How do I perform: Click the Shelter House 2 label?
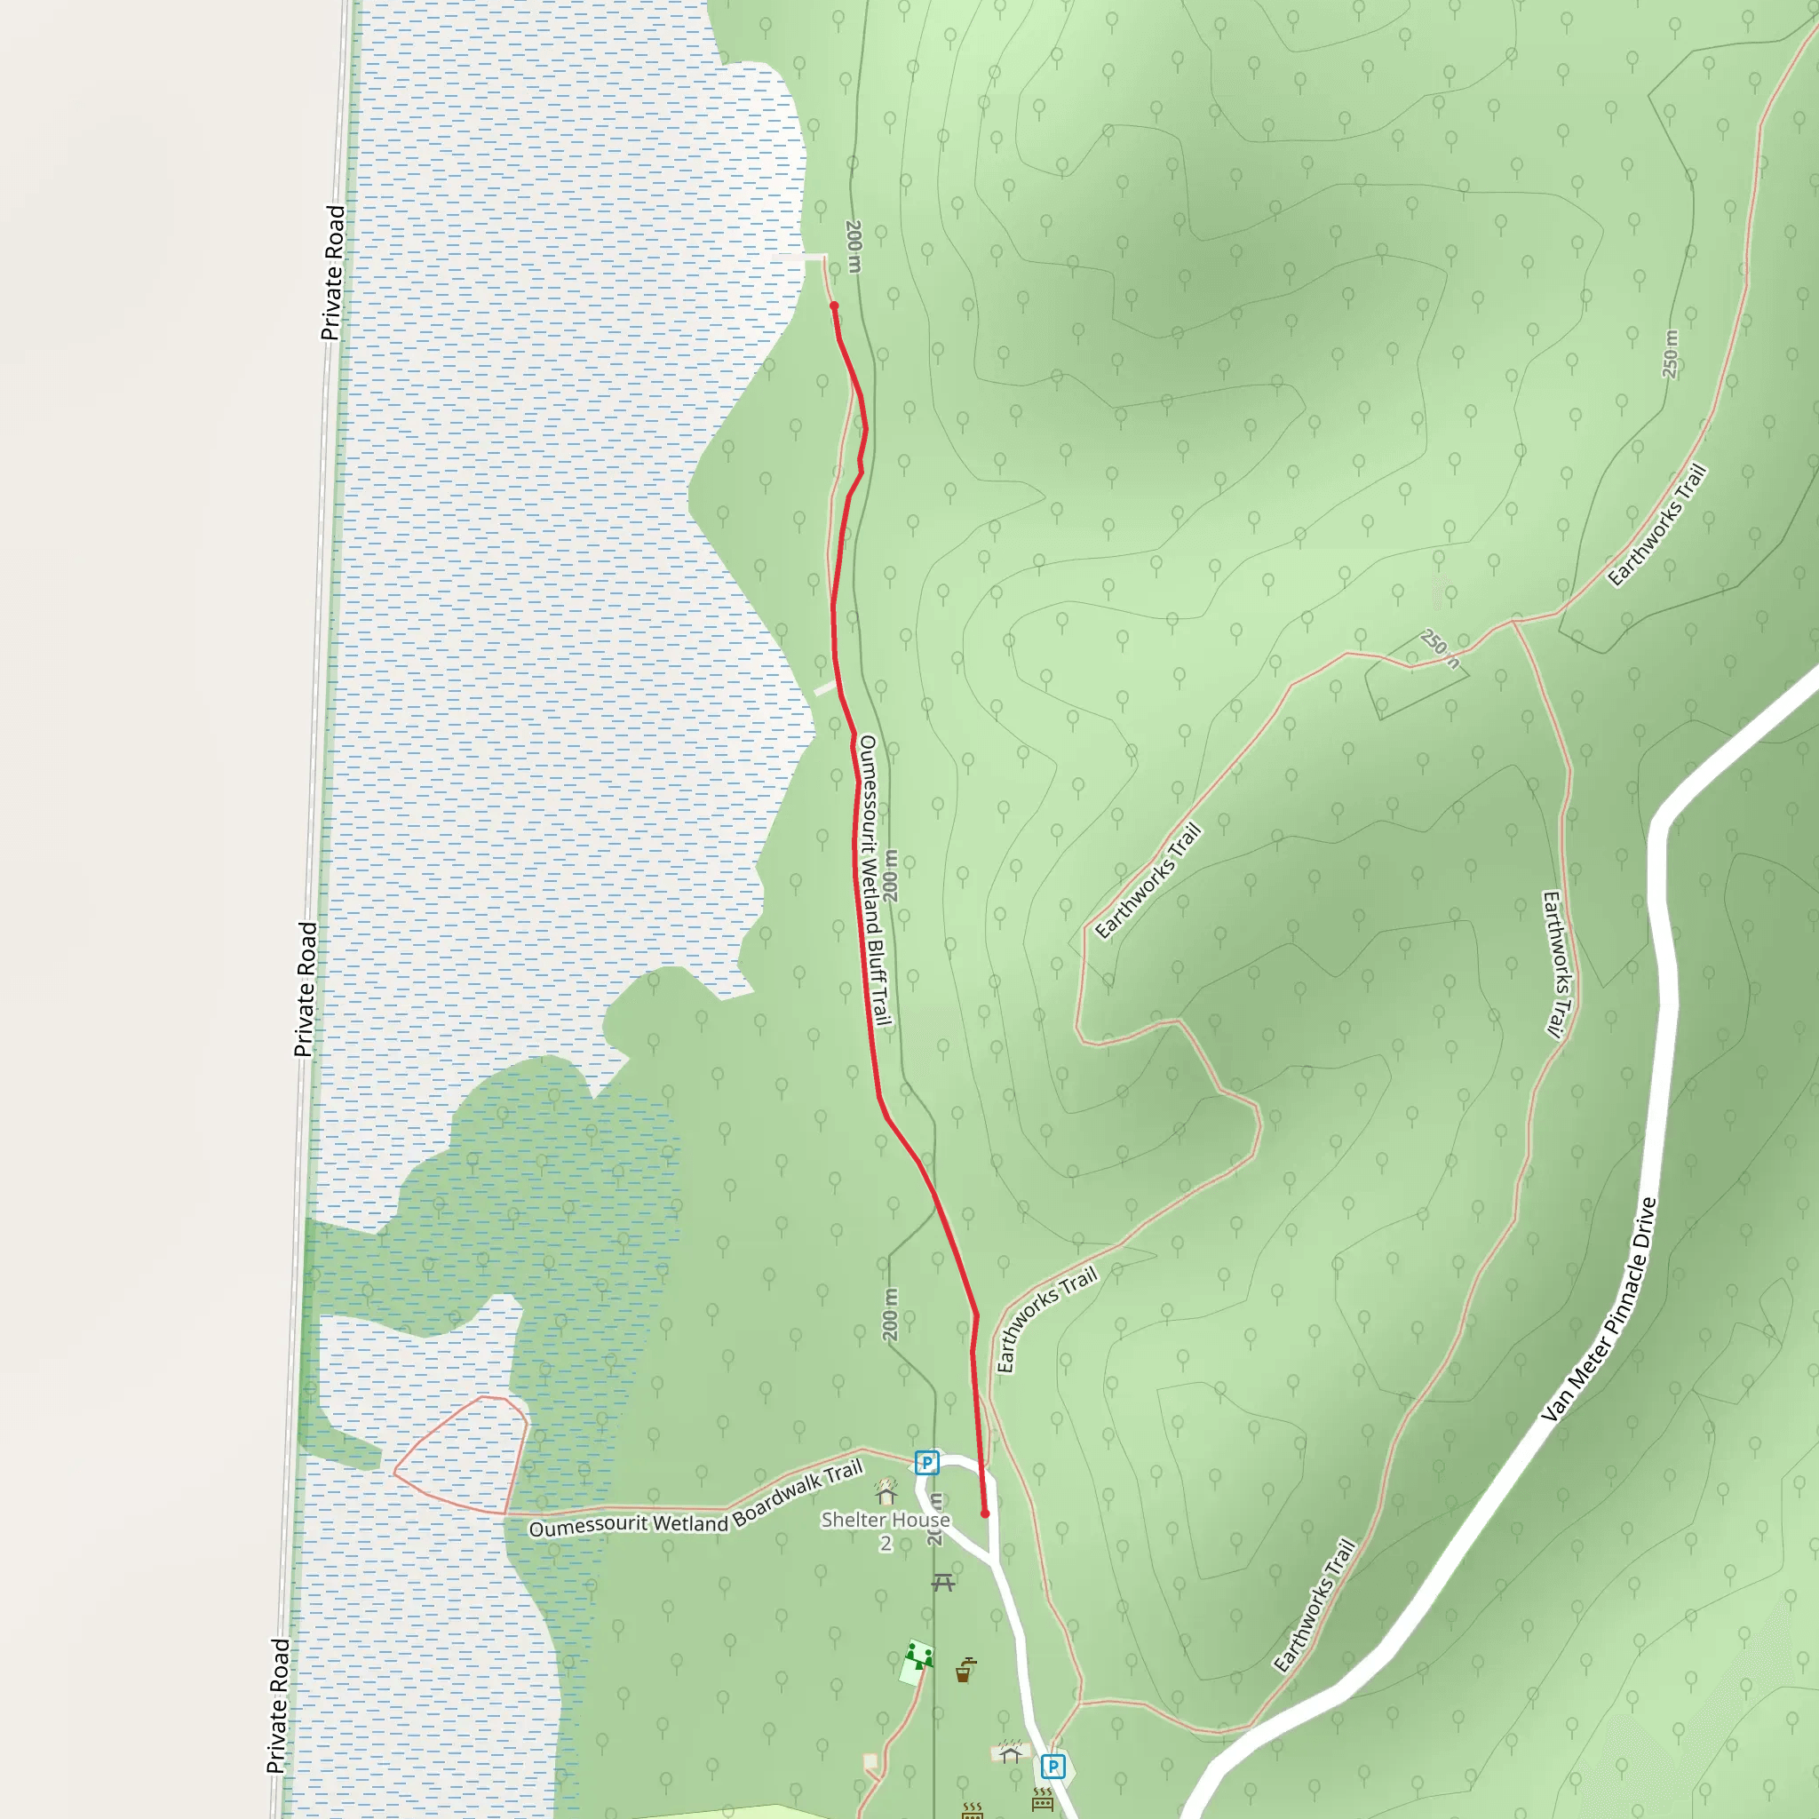(x=885, y=1530)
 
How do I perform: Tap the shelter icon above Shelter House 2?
(x=886, y=1492)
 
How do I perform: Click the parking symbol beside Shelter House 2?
(x=926, y=1462)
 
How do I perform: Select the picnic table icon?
(x=943, y=1582)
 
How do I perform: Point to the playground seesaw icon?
(x=918, y=1654)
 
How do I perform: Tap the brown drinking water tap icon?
(x=965, y=1671)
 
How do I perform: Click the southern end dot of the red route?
(x=985, y=1514)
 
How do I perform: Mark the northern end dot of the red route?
(x=834, y=306)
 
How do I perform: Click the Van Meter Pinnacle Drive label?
(x=1599, y=1310)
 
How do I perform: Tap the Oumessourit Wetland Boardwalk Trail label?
(x=695, y=1500)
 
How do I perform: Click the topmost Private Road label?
(x=333, y=272)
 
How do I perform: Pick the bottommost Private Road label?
(x=279, y=1705)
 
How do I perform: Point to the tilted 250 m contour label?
(x=1441, y=647)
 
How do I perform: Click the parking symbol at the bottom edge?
(x=1052, y=1767)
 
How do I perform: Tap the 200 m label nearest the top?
(x=854, y=246)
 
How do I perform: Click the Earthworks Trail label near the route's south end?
(x=1047, y=1319)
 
